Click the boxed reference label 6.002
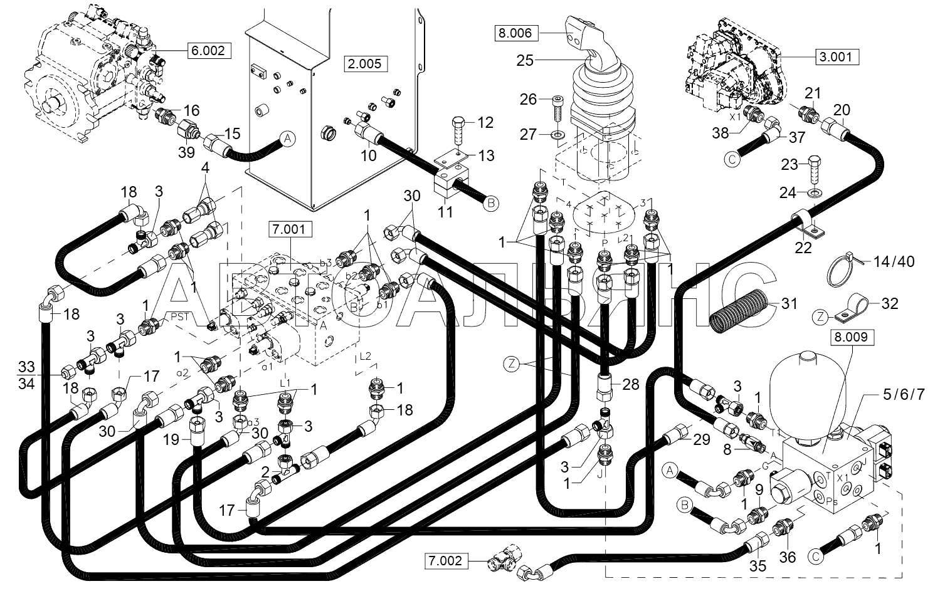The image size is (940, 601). point(209,51)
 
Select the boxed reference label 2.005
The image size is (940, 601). point(365,64)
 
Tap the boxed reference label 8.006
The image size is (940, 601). point(515,33)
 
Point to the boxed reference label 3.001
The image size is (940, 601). point(837,56)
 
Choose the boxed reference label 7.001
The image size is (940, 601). point(290,229)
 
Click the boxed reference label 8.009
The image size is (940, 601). point(851,337)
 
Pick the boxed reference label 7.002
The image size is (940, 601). point(446,561)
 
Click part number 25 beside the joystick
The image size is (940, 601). point(524,60)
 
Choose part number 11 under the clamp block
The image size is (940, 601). point(445,212)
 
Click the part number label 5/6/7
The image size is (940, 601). point(903,395)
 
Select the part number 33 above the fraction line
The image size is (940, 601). point(26,367)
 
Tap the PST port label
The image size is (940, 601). point(180,317)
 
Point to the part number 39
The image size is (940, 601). point(186,152)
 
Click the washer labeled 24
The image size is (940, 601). point(815,194)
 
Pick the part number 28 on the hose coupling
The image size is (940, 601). point(631,384)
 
